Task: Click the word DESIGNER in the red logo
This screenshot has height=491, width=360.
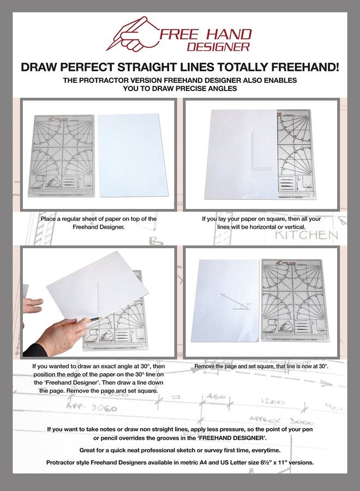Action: (x=226, y=47)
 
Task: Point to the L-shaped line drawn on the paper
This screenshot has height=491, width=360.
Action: (x=254, y=150)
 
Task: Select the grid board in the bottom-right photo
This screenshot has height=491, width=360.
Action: (x=295, y=300)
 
